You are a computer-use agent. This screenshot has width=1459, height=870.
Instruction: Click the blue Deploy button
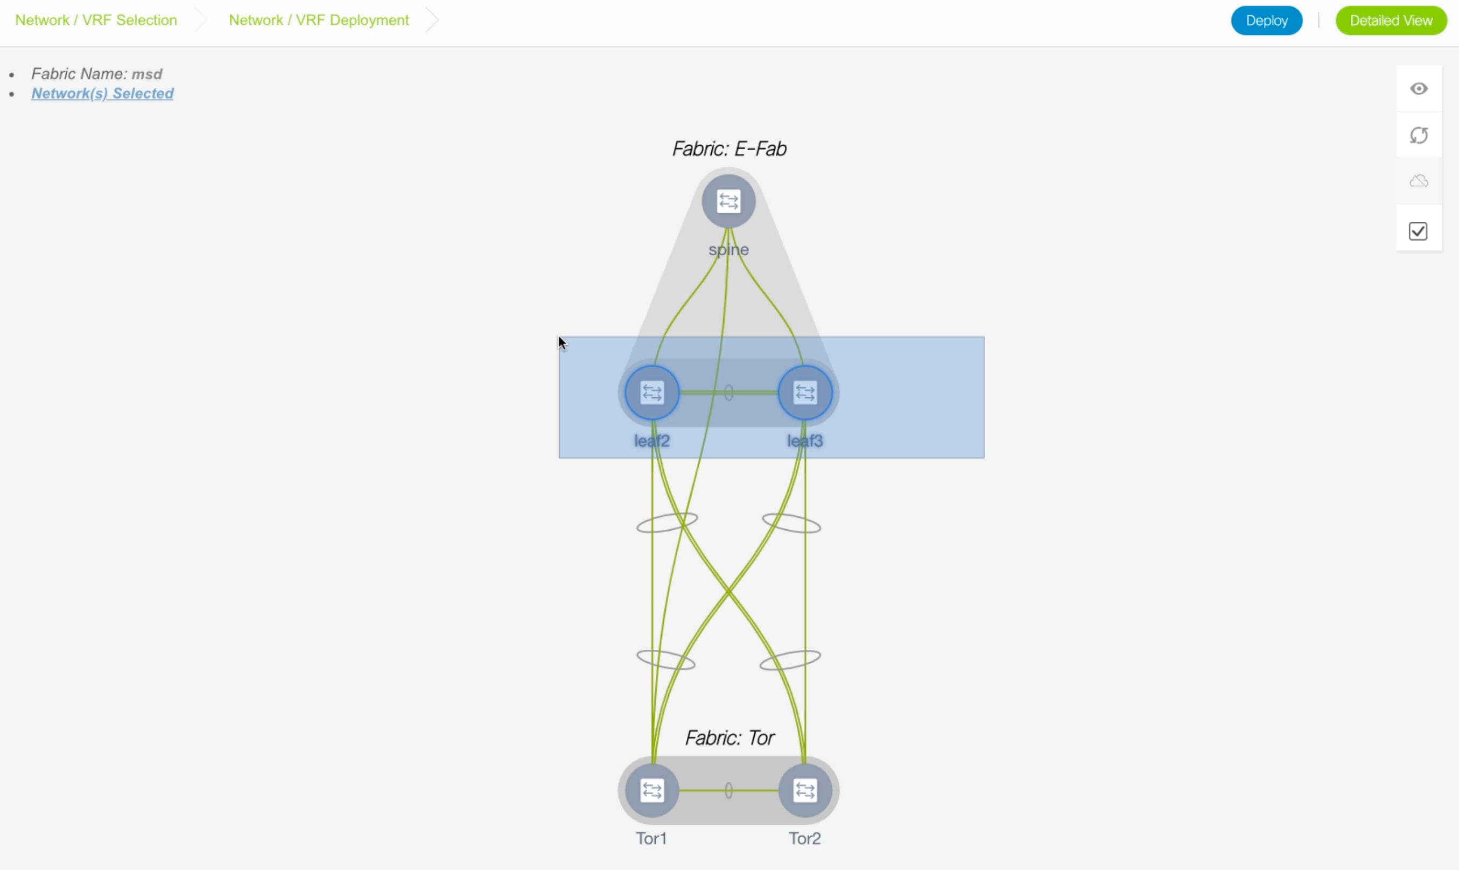[1266, 20]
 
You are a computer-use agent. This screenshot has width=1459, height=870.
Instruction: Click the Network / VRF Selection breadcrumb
[96, 20]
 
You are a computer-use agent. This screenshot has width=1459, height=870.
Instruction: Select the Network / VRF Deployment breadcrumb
[319, 20]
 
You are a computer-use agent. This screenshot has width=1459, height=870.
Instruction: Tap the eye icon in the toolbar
[1419, 88]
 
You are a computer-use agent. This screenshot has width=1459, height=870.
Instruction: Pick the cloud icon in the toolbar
[1419, 181]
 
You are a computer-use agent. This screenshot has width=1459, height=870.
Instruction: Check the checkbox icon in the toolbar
[1418, 231]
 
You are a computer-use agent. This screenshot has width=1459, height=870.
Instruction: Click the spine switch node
[728, 201]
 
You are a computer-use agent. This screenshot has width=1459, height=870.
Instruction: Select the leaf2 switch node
[652, 393]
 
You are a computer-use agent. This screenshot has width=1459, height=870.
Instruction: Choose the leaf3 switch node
[805, 393]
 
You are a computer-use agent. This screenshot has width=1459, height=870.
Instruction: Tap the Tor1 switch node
[652, 790]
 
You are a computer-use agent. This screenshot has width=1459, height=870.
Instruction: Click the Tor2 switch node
[805, 790]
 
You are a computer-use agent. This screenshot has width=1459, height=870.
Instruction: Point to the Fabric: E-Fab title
[729, 149]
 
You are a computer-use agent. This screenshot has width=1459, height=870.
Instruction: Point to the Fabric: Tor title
[730, 738]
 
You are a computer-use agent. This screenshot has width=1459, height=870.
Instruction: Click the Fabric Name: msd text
[97, 74]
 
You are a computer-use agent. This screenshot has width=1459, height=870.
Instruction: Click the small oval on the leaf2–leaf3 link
[728, 393]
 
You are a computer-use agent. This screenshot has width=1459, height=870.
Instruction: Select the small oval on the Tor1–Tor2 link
[728, 790]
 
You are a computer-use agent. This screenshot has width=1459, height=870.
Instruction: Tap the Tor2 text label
[805, 838]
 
